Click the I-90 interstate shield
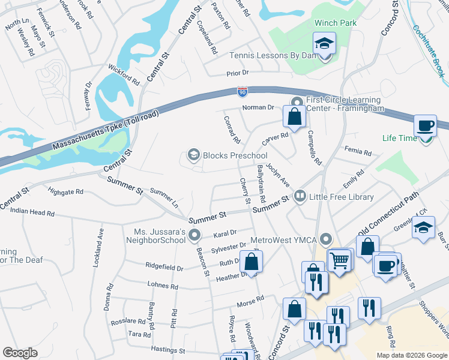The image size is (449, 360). [x=242, y=92]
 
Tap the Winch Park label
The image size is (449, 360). [x=336, y=23]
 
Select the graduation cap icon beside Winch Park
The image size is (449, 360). [x=324, y=44]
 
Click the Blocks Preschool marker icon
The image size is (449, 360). [x=193, y=155]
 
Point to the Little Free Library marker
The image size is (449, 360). [x=299, y=196]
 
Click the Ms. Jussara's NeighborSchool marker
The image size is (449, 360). [x=193, y=234]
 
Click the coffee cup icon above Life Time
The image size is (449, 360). [x=426, y=127]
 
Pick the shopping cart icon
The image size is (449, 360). [x=340, y=260]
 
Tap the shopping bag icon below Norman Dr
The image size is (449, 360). [x=294, y=117]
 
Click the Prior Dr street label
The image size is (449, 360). [x=237, y=73]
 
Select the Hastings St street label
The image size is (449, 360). [x=169, y=350]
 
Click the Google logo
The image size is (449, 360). [x=20, y=353]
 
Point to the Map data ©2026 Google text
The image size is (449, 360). [x=411, y=355]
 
